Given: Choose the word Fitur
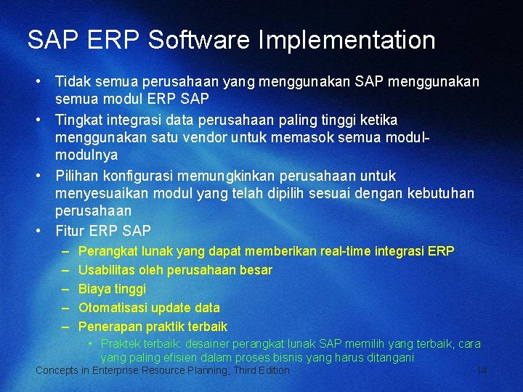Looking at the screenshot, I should (70, 232).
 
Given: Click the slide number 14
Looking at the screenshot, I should (481, 371).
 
